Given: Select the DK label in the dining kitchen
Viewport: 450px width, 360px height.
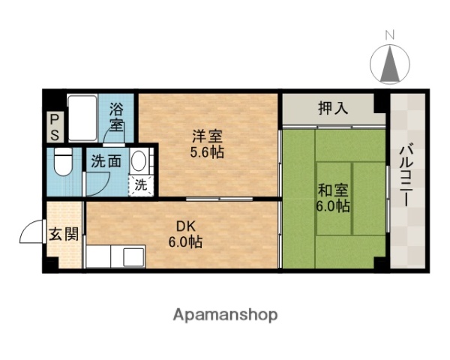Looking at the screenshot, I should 185,227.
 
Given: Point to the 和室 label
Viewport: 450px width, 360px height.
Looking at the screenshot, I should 333,190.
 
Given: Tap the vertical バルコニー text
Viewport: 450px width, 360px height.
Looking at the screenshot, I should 406,175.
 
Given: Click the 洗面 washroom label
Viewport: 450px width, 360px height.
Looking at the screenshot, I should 106,160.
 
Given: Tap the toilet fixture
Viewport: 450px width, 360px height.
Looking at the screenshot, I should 62,163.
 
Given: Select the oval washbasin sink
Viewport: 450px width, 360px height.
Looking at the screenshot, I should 139,163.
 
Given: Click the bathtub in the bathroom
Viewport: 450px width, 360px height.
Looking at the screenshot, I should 82,118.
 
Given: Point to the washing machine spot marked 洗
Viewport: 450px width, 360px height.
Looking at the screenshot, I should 141,186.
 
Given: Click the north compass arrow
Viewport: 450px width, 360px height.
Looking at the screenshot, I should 389,64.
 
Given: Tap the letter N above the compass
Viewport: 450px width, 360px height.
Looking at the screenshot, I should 389,34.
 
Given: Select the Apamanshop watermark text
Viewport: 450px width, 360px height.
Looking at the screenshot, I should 225,314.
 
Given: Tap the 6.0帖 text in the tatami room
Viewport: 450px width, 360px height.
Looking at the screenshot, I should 333,206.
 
